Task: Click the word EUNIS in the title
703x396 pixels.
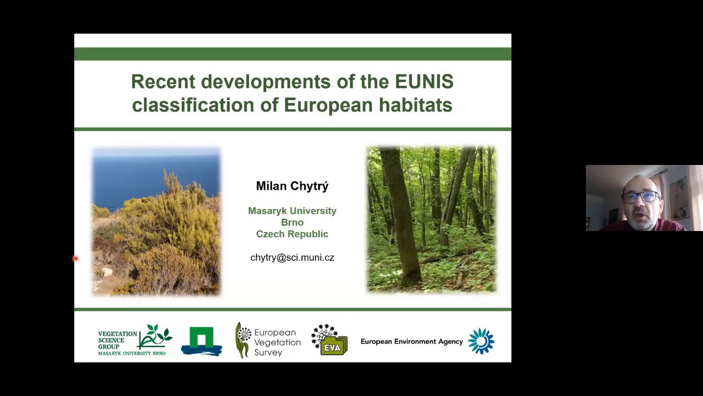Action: [x=424, y=82]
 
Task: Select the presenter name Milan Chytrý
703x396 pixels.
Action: [x=292, y=186]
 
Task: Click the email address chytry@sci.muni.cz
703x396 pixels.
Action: [x=292, y=257]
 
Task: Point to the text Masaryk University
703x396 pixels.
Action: [x=292, y=211]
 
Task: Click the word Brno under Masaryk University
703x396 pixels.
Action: [x=292, y=222]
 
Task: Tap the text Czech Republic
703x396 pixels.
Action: [x=292, y=234]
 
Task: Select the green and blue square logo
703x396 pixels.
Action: [x=202, y=341]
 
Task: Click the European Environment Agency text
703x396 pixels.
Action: [x=411, y=342]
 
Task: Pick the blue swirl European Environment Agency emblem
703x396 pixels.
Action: [x=481, y=341]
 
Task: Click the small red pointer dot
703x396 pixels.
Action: [x=76, y=258]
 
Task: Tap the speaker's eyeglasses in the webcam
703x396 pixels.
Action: [x=640, y=196]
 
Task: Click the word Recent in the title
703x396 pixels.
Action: [x=163, y=82]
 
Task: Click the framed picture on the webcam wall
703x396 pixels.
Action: [x=679, y=197]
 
